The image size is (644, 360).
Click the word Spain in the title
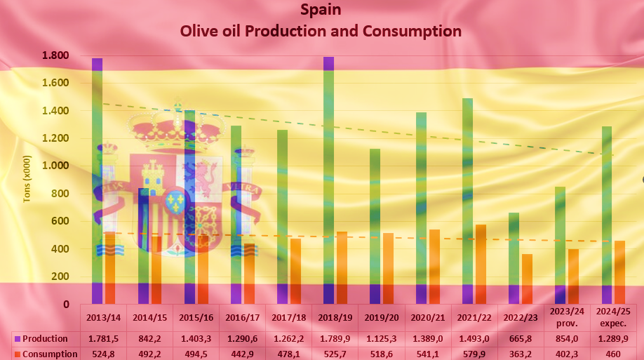pos(321,10)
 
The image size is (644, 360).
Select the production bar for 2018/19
pos(328,182)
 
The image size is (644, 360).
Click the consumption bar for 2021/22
pos(481,264)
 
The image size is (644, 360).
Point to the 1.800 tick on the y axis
pos(55,55)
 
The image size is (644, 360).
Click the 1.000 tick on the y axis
pos(55,166)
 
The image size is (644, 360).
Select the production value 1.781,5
pos(103,339)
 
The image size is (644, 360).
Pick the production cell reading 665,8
pos(521,339)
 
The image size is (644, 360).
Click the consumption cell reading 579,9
pos(474,354)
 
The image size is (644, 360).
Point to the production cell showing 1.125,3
pos(381,339)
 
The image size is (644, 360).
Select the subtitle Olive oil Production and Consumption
pos(321,32)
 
